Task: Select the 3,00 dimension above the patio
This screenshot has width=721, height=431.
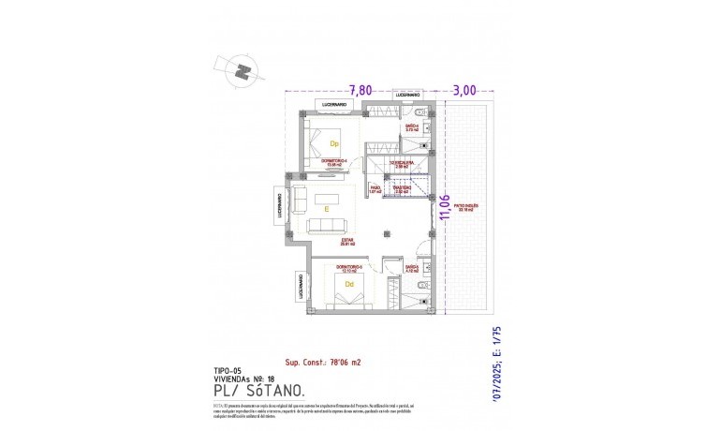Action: (464, 90)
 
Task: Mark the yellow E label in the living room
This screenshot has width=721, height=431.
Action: (326, 209)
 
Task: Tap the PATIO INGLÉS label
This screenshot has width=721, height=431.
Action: (465, 208)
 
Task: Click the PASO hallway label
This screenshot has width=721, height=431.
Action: (375, 189)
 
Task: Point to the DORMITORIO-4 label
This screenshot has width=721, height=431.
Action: (334, 163)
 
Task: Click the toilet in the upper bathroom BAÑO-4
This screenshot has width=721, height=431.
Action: (425, 112)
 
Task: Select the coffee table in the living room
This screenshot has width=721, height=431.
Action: (327, 199)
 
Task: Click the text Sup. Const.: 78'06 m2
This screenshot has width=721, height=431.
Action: (324, 362)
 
